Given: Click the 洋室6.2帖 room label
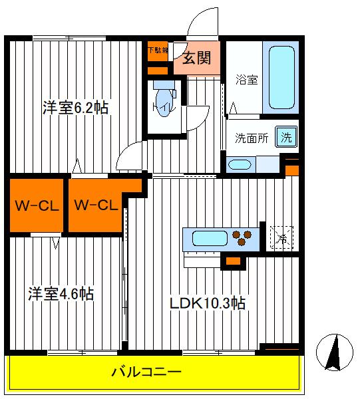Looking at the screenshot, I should pyautogui.click(x=76, y=108).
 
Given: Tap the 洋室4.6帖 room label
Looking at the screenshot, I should pyautogui.click(x=60, y=293).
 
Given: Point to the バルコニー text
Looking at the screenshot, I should pyautogui.click(x=154, y=372).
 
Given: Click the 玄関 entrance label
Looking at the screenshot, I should pyautogui.click(x=197, y=59).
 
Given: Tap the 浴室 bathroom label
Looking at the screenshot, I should pyautogui.click(x=247, y=80).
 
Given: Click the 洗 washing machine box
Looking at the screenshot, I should pyautogui.click(x=285, y=138).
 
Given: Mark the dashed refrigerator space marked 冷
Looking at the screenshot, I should pyautogui.click(x=281, y=236).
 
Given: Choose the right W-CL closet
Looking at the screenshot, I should pyautogui.click(x=96, y=205).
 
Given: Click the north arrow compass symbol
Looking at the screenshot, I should pyautogui.click(x=336, y=352).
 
